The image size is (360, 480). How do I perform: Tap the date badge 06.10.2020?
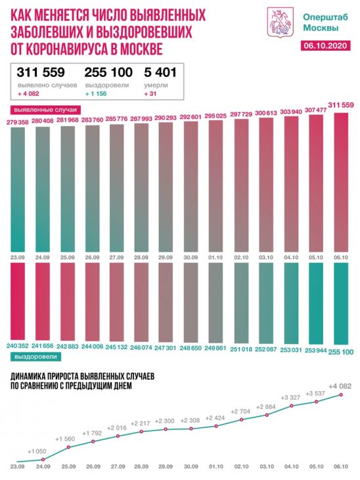coord(325,45)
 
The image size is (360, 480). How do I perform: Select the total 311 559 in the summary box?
coord(41,72)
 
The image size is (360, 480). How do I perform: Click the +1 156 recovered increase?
coord(96,93)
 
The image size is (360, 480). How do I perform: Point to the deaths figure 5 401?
coord(160,72)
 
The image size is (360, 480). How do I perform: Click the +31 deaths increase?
coord(150,93)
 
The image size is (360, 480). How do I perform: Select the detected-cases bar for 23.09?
coord(18,189)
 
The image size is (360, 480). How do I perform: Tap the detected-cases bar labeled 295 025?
coord(215,186)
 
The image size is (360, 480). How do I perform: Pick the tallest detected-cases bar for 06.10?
coord(341,182)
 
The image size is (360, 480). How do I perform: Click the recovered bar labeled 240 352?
coord(18,301)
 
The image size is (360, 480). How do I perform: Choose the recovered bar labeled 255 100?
coord(341,304)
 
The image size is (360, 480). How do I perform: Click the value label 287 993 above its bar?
coord(141,118)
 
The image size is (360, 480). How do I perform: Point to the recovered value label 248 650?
coord(191,348)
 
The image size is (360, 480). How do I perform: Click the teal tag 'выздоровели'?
coord(35,356)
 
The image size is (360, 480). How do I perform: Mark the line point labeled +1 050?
coord(43,460)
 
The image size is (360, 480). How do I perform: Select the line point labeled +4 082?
coord(341,395)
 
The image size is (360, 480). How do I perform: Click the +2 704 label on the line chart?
coord(240,412)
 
